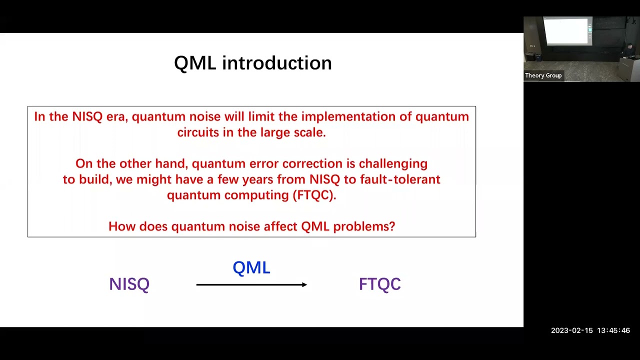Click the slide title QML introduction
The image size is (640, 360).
coord(252,63)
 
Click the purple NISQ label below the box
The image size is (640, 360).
coord(129,284)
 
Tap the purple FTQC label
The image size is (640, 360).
coord(379,284)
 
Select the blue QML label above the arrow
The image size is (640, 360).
coord(251,267)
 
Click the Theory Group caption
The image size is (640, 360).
coord(543,75)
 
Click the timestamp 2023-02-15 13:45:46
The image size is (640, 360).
coord(590,330)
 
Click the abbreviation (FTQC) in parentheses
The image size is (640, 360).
coord(313,195)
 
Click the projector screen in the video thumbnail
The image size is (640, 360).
coord(566,31)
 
